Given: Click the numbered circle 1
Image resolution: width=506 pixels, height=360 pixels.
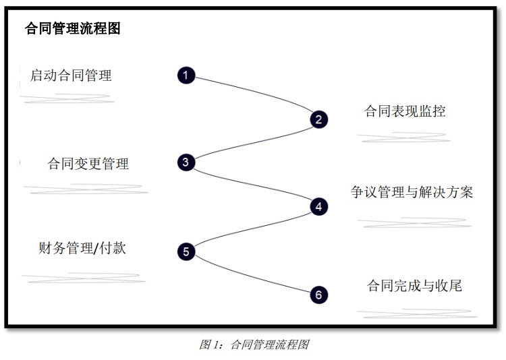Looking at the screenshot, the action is (x=186, y=75).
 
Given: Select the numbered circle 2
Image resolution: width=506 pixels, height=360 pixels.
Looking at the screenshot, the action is (x=319, y=119).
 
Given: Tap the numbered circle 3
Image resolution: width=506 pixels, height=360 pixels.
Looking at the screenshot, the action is (x=186, y=162).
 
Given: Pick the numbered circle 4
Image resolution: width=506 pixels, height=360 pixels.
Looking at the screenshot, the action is (x=319, y=206).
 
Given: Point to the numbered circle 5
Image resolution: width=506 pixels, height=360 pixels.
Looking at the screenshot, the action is (x=186, y=251).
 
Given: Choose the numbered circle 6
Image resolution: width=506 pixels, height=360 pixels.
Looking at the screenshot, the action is (x=319, y=295).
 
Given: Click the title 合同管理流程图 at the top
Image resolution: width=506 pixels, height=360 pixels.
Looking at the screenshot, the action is (x=73, y=28).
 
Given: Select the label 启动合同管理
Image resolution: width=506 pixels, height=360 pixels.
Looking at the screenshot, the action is (x=71, y=76).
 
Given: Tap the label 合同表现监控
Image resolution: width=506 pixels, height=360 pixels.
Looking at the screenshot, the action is (x=405, y=111).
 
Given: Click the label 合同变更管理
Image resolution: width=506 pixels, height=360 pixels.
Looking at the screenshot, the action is (x=88, y=164).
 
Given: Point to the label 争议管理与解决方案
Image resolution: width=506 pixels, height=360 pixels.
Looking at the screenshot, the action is (x=412, y=192).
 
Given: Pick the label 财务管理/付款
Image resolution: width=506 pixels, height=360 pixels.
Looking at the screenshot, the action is (x=82, y=248).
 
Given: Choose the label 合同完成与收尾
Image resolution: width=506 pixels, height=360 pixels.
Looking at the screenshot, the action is (x=414, y=286).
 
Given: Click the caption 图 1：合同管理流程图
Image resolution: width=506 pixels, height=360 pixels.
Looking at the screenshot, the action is (x=254, y=344).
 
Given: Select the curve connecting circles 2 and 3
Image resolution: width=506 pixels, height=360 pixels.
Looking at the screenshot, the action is (x=253, y=142).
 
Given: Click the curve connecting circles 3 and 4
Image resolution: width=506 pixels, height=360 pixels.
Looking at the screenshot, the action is (x=253, y=184).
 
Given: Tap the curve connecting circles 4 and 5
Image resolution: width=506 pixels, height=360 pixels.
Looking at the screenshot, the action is (x=253, y=229).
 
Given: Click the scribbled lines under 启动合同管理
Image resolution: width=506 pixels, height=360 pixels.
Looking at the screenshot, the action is (x=67, y=98).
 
